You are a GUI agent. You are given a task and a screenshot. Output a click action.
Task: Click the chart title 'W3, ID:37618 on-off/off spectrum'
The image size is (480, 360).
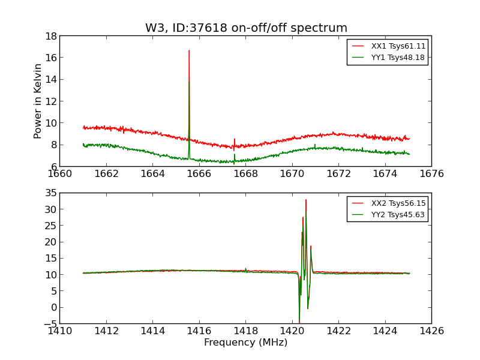pos(246,28)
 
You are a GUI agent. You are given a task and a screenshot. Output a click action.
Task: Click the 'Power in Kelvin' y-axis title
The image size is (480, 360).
pos(38,101)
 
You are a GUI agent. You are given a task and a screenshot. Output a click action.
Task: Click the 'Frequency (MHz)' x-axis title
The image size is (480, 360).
pos(245,343)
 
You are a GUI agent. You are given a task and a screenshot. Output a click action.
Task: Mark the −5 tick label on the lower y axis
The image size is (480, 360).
pos(49,324)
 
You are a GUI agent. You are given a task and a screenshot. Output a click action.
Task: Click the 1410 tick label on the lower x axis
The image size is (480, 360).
pos(59,331)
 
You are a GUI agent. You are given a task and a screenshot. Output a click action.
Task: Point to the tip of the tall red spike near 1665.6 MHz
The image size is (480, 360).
pos(189,50)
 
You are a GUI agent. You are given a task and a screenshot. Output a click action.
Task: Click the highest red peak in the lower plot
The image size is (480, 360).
pos(305,200)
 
